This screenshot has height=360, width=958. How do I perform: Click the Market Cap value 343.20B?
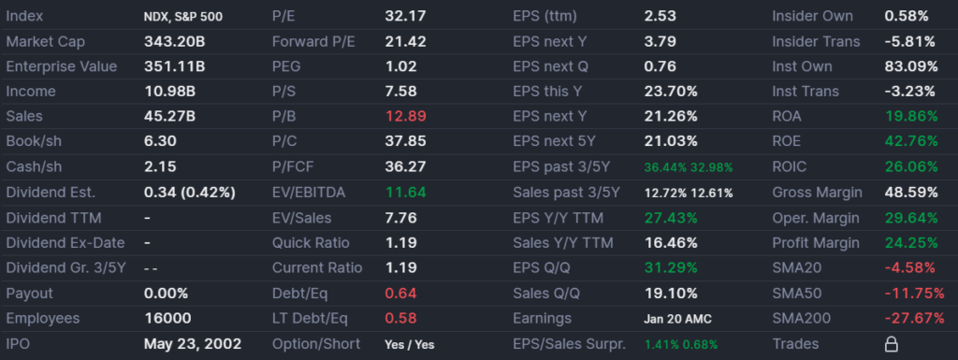point(174,41)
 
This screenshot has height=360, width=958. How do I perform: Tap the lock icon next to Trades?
point(892,344)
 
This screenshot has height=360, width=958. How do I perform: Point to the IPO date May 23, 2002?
point(193,344)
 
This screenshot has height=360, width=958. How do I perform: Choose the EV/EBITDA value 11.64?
point(405,193)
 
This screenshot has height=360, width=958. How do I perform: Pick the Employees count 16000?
point(167,319)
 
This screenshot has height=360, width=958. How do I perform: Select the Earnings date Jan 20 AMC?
point(678,319)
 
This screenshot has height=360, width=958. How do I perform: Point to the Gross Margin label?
point(817,193)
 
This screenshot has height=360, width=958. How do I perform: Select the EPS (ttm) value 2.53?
point(660,16)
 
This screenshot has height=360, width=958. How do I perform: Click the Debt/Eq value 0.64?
point(400,294)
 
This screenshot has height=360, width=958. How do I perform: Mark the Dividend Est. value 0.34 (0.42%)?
point(190,193)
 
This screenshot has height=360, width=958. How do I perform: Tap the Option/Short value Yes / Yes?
point(410,344)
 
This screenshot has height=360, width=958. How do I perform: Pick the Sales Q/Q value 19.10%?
point(671,294)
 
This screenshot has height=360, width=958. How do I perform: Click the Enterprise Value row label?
point(62,66)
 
